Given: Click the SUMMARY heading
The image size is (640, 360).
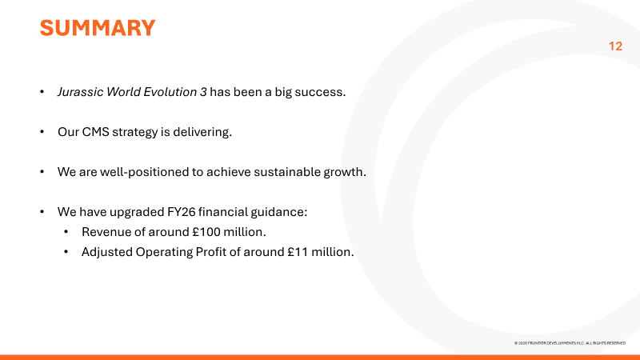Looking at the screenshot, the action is (x=98, y=28).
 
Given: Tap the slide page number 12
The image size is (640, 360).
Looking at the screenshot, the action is (x=615, y=46).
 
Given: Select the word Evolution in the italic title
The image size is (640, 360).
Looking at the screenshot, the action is (x=170, y=92).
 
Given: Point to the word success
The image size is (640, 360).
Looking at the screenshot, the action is (x=320, y=92).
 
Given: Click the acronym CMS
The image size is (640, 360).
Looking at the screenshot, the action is (x=95, y=132).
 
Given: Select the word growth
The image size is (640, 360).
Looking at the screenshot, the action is (x=345, y=172).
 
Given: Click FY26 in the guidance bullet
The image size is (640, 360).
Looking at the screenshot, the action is (x=182, y=212).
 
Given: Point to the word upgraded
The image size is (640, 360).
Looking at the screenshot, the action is (x=137, y=212).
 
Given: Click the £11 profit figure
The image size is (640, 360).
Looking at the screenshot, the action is (x=298, y=252).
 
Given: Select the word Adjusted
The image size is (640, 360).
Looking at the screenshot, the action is (x=107, y=252).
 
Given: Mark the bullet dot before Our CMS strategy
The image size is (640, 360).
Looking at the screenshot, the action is (x=42, y=132).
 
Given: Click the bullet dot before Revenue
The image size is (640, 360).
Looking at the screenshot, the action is (x=66, y=232).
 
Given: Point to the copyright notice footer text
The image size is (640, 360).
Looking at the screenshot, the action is (x=570, y=343).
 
